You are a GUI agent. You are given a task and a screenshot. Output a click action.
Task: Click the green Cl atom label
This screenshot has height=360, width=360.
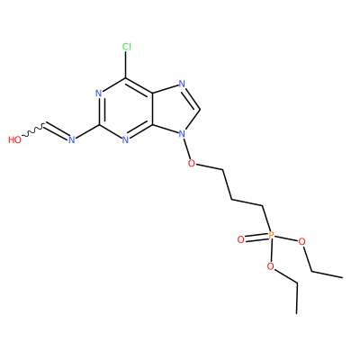[127, 47]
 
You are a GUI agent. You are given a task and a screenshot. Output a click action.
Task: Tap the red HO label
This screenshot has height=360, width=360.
[14, 139]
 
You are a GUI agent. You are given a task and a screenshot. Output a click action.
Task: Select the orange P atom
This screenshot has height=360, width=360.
[271, 235]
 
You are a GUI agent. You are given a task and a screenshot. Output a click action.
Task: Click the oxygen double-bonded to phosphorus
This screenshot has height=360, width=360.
[240, 239]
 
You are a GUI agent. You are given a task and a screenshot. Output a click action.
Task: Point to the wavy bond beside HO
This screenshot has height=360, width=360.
[33, 130]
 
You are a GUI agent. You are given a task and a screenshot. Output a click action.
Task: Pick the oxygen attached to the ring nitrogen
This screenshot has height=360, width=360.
[192, 164]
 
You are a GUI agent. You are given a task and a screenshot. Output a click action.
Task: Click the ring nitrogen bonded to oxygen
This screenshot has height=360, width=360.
[182, 134]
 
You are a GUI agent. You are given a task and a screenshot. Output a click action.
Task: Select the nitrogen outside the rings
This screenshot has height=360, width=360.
[71, 139]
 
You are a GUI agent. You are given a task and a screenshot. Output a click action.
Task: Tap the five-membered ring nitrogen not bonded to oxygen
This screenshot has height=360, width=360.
[182, 84]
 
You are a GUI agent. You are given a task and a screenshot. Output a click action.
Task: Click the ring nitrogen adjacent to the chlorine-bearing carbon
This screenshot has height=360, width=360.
[99, 94]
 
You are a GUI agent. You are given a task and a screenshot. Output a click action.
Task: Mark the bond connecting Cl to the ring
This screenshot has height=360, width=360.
[126, 65]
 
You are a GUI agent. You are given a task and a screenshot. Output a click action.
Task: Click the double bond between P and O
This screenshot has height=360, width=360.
[256, 237]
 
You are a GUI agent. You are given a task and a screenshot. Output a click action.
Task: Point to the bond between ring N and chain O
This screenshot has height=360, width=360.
[186, 148]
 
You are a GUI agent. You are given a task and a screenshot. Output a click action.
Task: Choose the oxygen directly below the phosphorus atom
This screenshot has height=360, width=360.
[271, 266]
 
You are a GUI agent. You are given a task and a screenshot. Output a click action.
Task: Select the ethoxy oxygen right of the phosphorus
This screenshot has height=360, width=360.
[301, 241]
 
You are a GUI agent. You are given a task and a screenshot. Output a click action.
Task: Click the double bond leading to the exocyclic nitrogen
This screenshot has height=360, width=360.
[57, 131]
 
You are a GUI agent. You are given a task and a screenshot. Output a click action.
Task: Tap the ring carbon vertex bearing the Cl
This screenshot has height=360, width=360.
[126, 78]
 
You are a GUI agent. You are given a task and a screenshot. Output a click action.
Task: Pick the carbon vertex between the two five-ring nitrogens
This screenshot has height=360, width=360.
[200, 110]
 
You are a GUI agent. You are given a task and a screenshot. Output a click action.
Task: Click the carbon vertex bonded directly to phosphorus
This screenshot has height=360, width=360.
[263, 206]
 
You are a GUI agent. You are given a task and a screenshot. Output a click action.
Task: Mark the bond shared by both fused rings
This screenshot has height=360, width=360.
[153, 109]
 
